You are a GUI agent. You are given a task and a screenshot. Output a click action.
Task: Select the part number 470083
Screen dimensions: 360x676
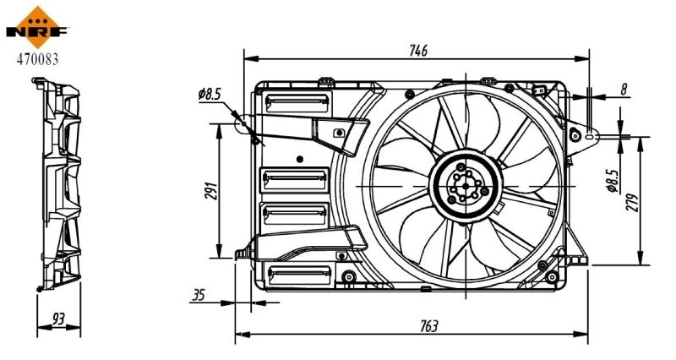[35, 59]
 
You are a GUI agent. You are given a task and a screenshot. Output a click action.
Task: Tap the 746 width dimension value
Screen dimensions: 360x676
[417, 50]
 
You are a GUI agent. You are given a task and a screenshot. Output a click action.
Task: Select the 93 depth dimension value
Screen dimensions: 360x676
[58, 318]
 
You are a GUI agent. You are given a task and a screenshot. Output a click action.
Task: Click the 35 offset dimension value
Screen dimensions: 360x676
[199, 296]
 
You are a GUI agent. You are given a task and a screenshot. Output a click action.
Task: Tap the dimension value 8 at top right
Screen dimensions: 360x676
[623, 88]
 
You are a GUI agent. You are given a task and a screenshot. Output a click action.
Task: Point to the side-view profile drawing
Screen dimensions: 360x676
[58, 186]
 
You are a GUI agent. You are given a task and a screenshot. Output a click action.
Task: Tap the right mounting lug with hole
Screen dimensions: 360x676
[581, 134]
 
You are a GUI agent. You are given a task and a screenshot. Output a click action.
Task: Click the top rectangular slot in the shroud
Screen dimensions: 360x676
[296, 103]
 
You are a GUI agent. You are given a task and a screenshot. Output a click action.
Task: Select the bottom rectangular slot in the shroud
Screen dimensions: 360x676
[297, 273]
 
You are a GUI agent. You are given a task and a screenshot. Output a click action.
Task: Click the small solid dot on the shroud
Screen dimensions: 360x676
[300, 158]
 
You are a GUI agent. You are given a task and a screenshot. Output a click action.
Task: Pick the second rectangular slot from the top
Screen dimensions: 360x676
[295, 177]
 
